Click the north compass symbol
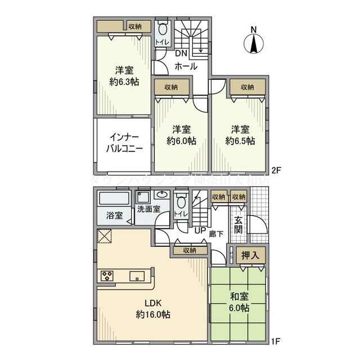click(x=254, y=42)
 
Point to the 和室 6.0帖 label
click(x=239, y=301)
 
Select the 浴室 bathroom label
click(x=114, y=215)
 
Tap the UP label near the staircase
click(x=199, y=230)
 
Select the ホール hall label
click(x=186, y=66)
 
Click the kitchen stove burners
click(x=108, y=276)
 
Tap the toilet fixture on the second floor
click(x=163, y=30)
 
